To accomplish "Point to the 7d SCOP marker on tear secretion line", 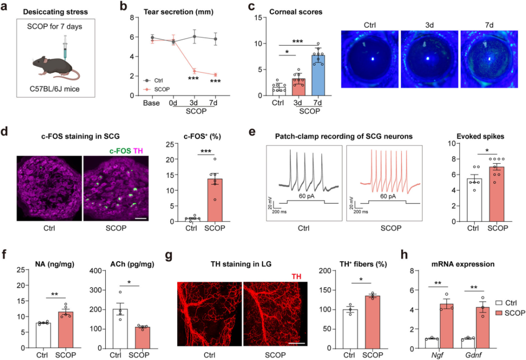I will tap(212, 75).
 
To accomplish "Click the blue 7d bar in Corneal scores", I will tap(318, 75).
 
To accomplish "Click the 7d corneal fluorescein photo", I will tap(488, 60).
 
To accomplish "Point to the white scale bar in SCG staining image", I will tap(141, 218).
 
